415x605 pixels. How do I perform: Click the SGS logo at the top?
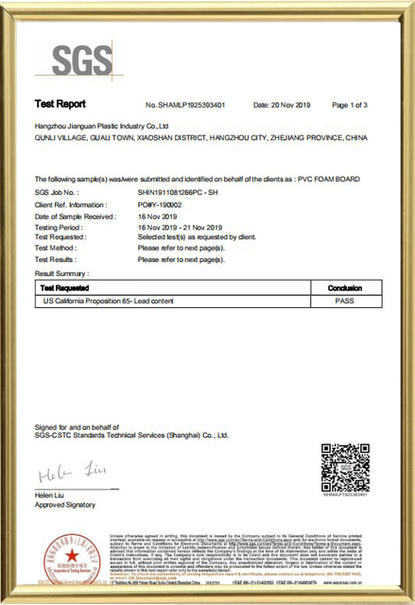pos(78,61)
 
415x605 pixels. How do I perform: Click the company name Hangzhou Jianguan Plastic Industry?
pos(101,125)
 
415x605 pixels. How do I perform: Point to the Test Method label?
pos(55,249)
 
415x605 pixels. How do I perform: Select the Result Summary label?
pos(61,272)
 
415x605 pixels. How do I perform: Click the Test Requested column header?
pos(65,286)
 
